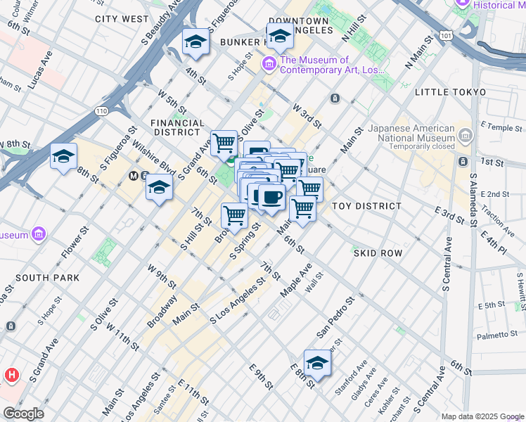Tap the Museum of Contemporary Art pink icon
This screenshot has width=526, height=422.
pyautogui.click(x=269, y=65)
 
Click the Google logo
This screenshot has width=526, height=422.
pyautogui.click(x=23, y=414)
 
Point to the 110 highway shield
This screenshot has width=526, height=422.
pyautogui.click(x=102, y=111)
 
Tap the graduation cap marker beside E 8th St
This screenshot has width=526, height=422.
pyautogui.click(x=317, y=364)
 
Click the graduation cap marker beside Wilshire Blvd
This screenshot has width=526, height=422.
pyautogui.click(x=160, y=188)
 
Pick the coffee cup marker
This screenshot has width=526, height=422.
pyautogui.click(x=272, y=197)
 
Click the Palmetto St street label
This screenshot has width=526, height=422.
pyautogui.click(x=496, y=336)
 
